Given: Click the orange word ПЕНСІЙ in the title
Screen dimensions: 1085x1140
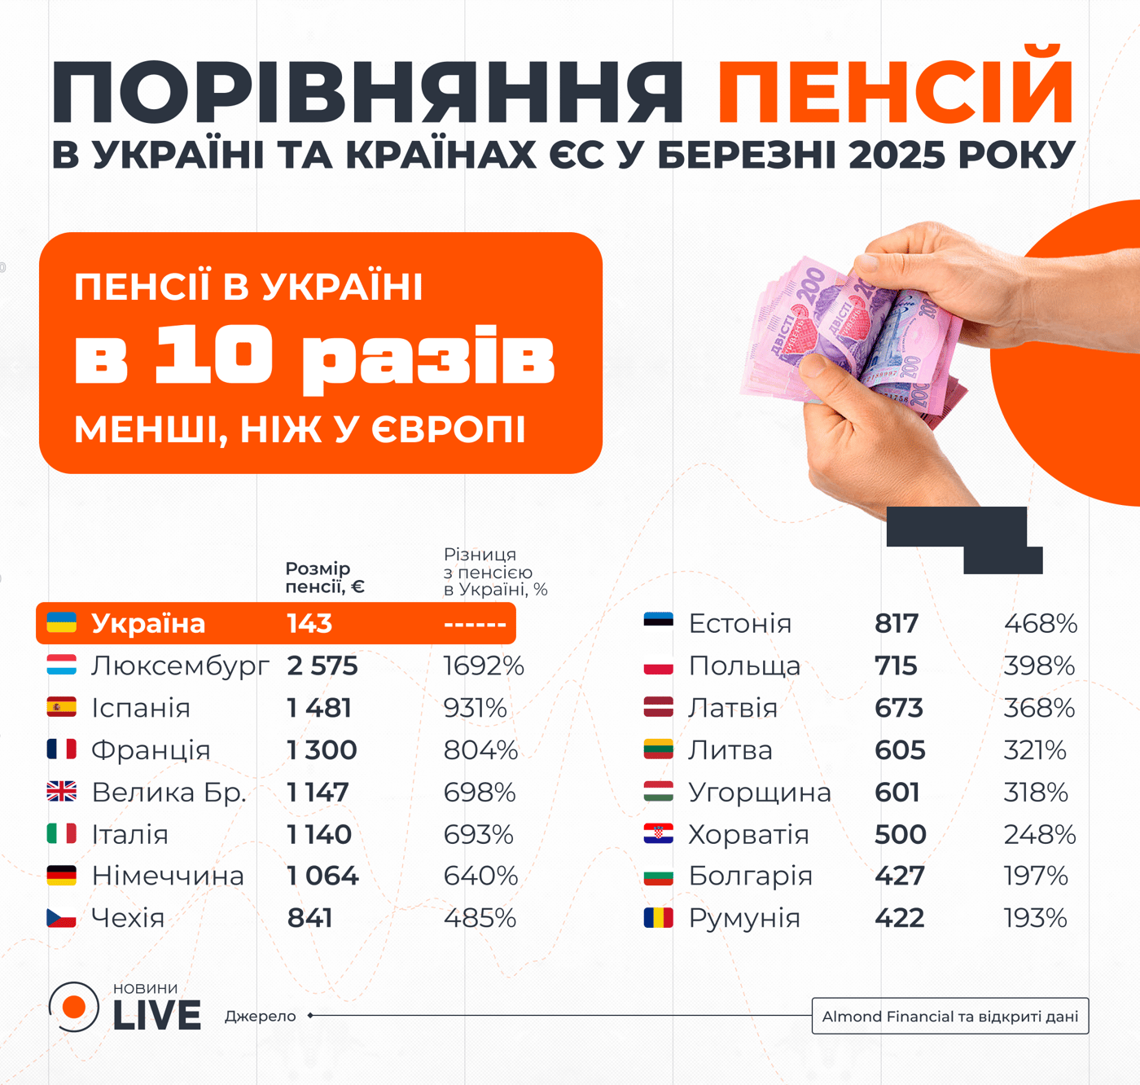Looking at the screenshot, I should pyautogui.click(x=896, y=91).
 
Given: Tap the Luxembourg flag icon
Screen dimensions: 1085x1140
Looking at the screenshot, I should pyautogui.click(x=62, y=665).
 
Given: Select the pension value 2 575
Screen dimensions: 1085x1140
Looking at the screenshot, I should pyautogui.click(x=322, y=666).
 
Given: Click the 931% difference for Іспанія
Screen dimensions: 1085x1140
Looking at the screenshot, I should pyautogui.click(x=475, y=708).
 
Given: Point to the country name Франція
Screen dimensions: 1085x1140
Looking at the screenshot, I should pyautogui.click(x=151, y=750).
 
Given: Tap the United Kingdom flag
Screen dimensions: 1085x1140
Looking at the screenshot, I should pyautogui.click(x=62, y=792).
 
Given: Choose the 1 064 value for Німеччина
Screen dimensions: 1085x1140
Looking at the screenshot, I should pyautogui.click(x=322, y=876).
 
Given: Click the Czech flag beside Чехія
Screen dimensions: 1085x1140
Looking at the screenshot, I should pyautogui.click(x=62, y=918).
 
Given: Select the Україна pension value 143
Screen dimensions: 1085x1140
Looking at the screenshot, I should pyautogui.click(x=309, y=624).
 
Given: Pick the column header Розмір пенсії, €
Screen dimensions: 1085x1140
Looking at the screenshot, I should pyautogui.click(x=324, y=578).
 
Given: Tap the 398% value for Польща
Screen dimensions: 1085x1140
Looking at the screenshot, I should pyautogui.click(x=1039, y=666).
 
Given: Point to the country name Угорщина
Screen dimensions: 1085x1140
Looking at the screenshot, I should pyautogui.click(x=760, y=793).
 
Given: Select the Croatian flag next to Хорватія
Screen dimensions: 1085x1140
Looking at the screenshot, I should pyautogui.click(x=658, y=834).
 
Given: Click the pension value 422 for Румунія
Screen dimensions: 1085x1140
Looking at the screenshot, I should pyautogui.click(x=899, y=918).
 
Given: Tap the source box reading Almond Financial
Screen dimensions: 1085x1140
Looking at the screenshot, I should pyautogui.click(x=949, y=1017).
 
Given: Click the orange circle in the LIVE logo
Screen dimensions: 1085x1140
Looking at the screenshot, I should pyautogui.click(x=74, y=1007).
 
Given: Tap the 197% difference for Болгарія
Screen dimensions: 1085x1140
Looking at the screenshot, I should pyautogui.click(x=1035, y=876).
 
